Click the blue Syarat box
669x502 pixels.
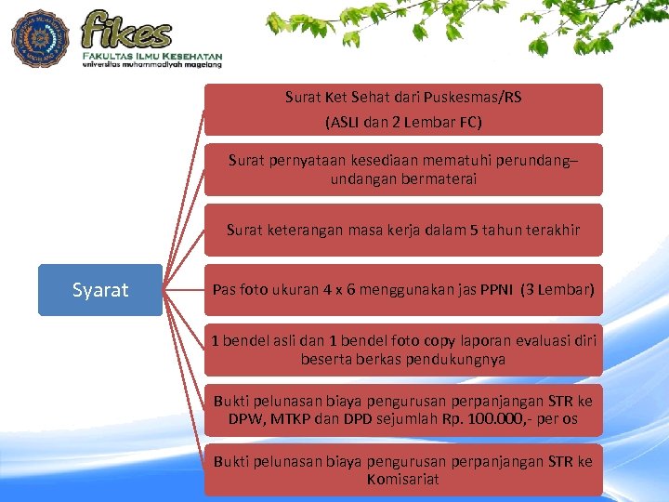pos(100,290)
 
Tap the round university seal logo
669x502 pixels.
pos(40,38)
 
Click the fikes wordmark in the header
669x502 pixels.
pos(127,29)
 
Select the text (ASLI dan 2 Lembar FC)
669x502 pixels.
pos(403,122)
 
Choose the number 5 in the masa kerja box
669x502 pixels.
pos(475,230)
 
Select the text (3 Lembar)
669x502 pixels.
pos(557,289)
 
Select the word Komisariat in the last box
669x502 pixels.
pos(403,480)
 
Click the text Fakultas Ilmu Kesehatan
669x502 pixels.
pos(151,56)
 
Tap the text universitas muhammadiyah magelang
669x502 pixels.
pos(151,65)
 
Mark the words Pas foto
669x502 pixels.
pos(241,289)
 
